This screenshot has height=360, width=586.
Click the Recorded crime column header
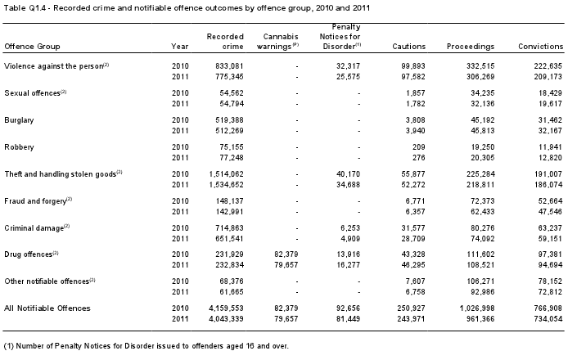(x=225, y=42)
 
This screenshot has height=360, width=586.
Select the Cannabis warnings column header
(x=277, y=42)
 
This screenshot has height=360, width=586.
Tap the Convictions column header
(x=540, y=47)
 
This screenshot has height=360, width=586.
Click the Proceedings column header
(x=471, y=47)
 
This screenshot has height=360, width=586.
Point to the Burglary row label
(x=19, y=120)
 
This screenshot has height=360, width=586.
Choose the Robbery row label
(x=19, y=147)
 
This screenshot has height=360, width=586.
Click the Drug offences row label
(x=29, y=254)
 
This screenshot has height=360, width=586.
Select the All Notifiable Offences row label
(x=47, y=308)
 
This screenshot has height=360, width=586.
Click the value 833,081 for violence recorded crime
(x=229, y=66)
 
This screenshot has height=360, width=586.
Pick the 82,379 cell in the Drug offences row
(x=286, y=254)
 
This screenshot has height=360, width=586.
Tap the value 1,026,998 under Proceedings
(x=477, y=308)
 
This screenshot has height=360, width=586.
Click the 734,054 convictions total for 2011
(x=548, y=319)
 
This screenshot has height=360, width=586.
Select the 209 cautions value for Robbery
(x=418, y=147)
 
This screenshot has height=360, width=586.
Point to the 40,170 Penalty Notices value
(x=348, y=174)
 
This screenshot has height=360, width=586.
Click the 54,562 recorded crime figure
(x=232, y=93)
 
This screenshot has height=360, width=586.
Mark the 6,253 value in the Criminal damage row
(x=350, y=227)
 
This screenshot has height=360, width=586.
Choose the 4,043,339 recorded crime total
(x=226, y=319)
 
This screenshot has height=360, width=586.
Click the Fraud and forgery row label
(x=35, y=201)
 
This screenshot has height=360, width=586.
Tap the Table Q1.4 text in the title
(x=25, y=7)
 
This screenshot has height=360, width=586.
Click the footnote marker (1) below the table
(x=9, y=346)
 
